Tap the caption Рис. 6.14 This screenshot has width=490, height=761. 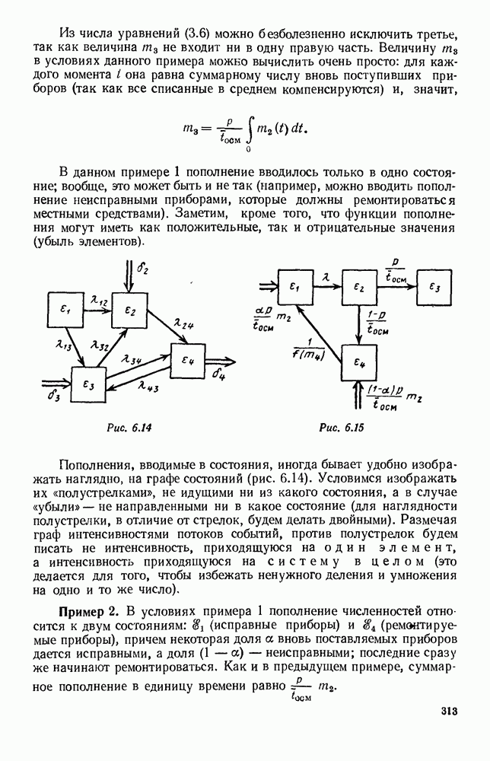[129, 428]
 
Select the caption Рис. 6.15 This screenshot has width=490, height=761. [341, 428]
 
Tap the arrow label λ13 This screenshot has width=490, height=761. [64, 346]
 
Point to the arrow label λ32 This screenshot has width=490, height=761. [99, 345]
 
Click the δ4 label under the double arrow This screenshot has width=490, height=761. [220, 374]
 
